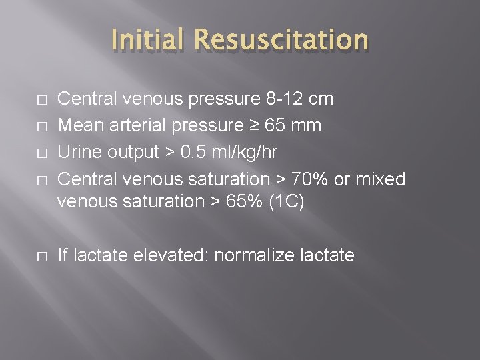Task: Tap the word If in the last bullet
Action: (x=64, y=255)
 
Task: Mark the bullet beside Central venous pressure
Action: (x=41, y=100)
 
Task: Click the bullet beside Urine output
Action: (x=41, y=153)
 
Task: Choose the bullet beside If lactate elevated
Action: (x=41, y=255)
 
